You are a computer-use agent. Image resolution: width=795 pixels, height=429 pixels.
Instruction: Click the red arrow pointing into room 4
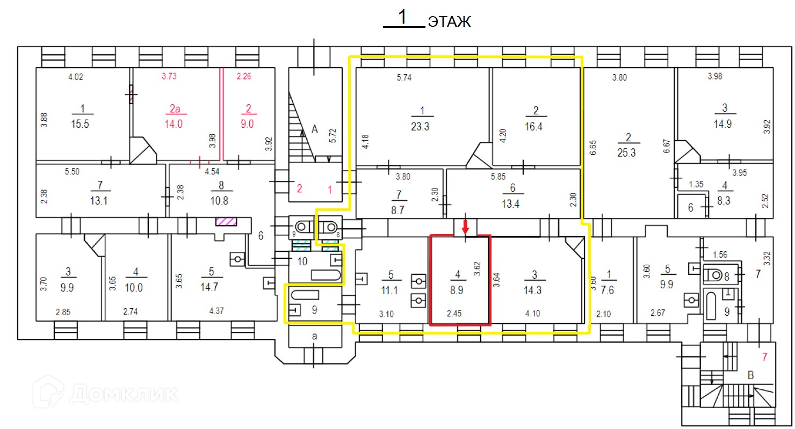coord(466,226)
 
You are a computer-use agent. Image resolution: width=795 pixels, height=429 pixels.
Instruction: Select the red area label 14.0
coord(174,123)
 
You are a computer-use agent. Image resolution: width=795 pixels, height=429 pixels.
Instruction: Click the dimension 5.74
coord(404,78)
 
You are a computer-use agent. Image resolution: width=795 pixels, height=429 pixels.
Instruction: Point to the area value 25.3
coord(626,152)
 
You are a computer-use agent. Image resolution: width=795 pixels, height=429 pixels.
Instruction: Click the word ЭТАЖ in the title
coord(449,22)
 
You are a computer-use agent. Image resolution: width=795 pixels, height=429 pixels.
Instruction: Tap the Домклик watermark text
coord(124,394)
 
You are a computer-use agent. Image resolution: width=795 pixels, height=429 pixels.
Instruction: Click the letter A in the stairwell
coord(315,129)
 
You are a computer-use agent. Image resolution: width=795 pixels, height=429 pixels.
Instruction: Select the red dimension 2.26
coord(244,77)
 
